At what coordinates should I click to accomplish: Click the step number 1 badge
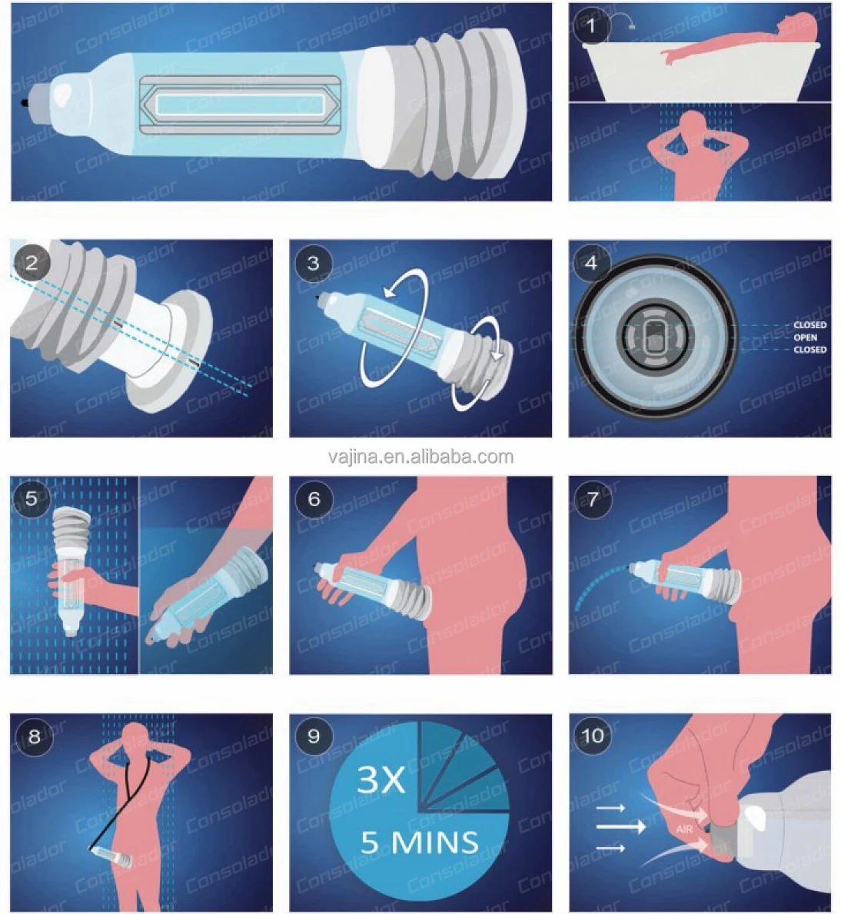592,26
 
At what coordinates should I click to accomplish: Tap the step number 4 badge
591,263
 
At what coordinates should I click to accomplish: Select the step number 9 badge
314,736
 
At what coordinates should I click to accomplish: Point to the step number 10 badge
593,736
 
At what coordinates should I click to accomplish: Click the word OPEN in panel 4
805,337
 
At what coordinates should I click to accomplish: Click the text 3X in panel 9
381,779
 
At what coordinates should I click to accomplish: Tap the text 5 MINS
420,843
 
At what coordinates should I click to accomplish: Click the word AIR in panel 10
684,829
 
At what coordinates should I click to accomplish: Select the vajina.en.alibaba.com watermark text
420,457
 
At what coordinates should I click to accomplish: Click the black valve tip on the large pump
25,103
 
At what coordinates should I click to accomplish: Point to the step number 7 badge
593,500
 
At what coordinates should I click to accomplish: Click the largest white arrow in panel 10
621,826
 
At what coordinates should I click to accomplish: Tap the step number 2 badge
32,263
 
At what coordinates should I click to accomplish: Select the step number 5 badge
32,498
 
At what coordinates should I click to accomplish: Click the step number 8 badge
35,736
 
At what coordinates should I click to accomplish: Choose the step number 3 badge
314,263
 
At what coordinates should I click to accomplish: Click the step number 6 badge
314,498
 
